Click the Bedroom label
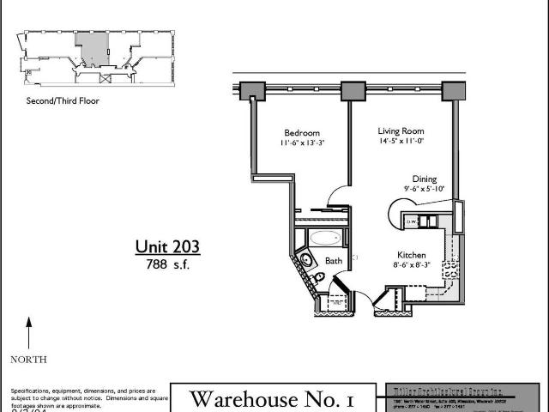tap(302, 133)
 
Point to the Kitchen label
tap(412, 255)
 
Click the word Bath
tap(333, 261)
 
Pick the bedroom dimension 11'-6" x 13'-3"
tap(302, 144)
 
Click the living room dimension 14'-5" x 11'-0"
tap(401, 142)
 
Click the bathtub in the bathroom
tap(323, 238)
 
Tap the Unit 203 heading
tap(167, 247)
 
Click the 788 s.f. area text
tap(167, 264)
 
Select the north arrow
tap(28, 331)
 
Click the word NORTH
tap(28, 359)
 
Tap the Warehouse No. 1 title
tap(271, 398)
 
